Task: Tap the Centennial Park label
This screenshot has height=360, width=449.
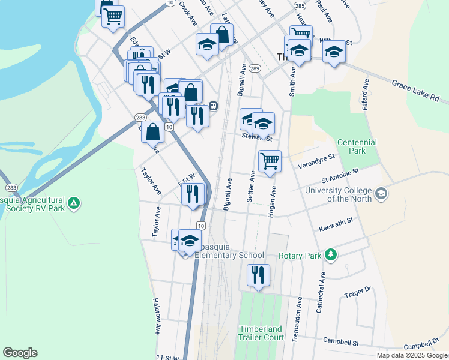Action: pos(357,146)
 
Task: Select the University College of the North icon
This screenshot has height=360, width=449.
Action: pos(381,194)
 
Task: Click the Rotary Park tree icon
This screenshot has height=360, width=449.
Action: pos(330,255)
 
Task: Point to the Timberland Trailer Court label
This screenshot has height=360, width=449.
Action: pos(262,333)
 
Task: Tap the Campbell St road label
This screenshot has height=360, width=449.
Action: pos(340,342)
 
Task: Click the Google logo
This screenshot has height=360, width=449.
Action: pos(20,353)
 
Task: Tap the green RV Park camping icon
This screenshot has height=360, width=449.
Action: pos(73,204)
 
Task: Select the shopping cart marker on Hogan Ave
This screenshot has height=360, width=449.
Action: pos(270,161)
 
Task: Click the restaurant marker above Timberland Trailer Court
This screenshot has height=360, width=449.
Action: pos(258,275)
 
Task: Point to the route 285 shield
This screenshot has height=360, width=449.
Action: pos(300,5)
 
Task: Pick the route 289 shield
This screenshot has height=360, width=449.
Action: pos(255,69)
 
